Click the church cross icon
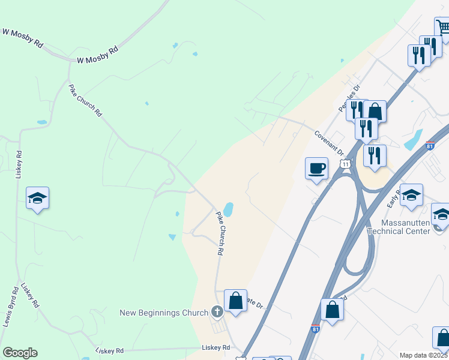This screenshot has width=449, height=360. click(217, 312)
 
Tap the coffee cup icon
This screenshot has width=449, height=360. click(317, 168)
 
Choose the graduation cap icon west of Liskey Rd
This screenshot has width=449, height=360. click(37, 198)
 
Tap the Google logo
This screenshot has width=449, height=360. click(20, 353)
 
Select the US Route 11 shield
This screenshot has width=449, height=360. click(345, 163)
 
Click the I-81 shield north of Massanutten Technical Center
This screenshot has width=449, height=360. click(430, 146)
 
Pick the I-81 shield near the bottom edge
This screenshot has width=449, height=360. click(316, 329)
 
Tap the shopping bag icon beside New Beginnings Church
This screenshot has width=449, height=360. click(236, 301)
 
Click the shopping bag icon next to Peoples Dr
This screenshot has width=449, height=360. click(375, 111)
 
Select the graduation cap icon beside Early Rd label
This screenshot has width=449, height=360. click(411, 195)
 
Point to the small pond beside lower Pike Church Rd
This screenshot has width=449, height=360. click(228, 209)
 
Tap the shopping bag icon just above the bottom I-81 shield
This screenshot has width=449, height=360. click(332, 309)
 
